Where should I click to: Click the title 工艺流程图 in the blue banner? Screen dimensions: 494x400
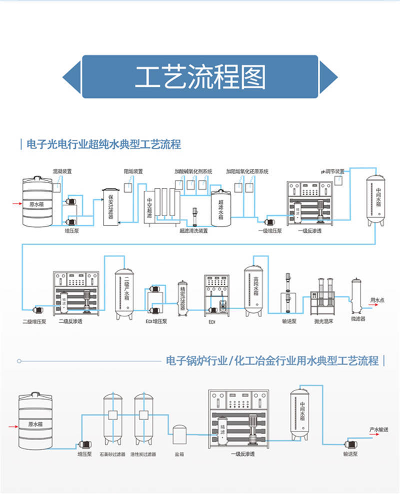[x=200, y=77]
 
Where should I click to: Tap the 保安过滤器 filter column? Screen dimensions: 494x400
[x=110, y=207]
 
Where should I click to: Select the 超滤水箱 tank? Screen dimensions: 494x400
[x=219, y=208]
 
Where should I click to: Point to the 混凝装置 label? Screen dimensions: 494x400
[x=62, y=171]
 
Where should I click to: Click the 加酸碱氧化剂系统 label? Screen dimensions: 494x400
[x=193, y=171]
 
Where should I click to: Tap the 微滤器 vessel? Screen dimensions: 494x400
[x=357, y=295]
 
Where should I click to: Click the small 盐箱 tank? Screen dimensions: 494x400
[x=180, y=435]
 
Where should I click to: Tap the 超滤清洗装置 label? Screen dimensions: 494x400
[x=193, y=231]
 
